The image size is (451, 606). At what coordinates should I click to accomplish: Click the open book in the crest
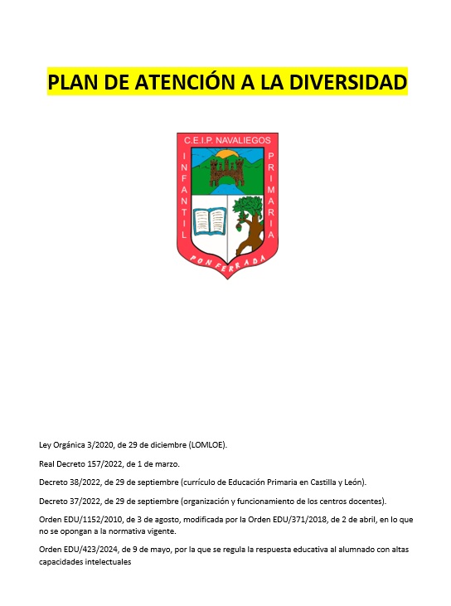(x=209, y=221)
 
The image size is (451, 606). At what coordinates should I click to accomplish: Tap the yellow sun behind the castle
(x=226, y=155)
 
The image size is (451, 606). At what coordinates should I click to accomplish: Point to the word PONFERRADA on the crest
(x=226, y=261)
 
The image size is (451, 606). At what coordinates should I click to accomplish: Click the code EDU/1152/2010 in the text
(x=95, y=519)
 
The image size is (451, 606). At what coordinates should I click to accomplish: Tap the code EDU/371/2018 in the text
(x=308, y=519)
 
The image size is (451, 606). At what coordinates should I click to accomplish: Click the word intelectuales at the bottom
(x=104, y=561)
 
